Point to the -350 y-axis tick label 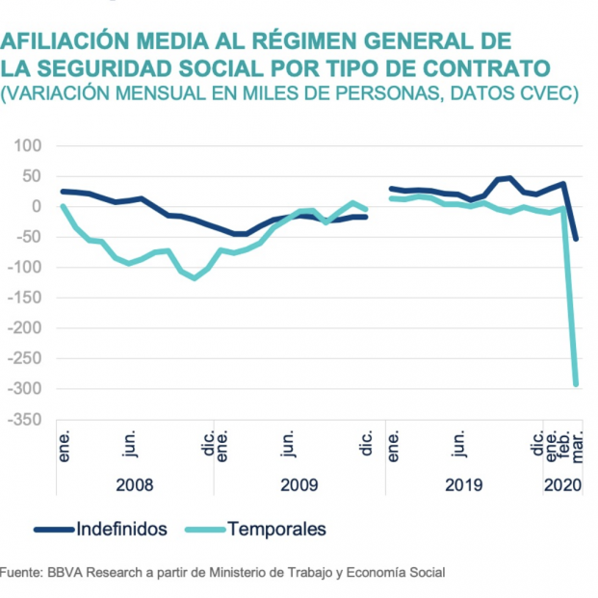click(x=24, y=420)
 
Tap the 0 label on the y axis click(x=39, y=206)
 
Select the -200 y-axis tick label click(x=24, y=328)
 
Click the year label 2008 click(x=135, y=486)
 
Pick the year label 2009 click(x=299, y=486)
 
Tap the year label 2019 click(x=464, y=486)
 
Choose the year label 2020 click(x=561, y=486)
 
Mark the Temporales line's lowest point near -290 click(x=576, y=384)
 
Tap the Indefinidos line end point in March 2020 click(x=576, y=239)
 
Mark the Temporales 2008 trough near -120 click(x=195, y=278)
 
